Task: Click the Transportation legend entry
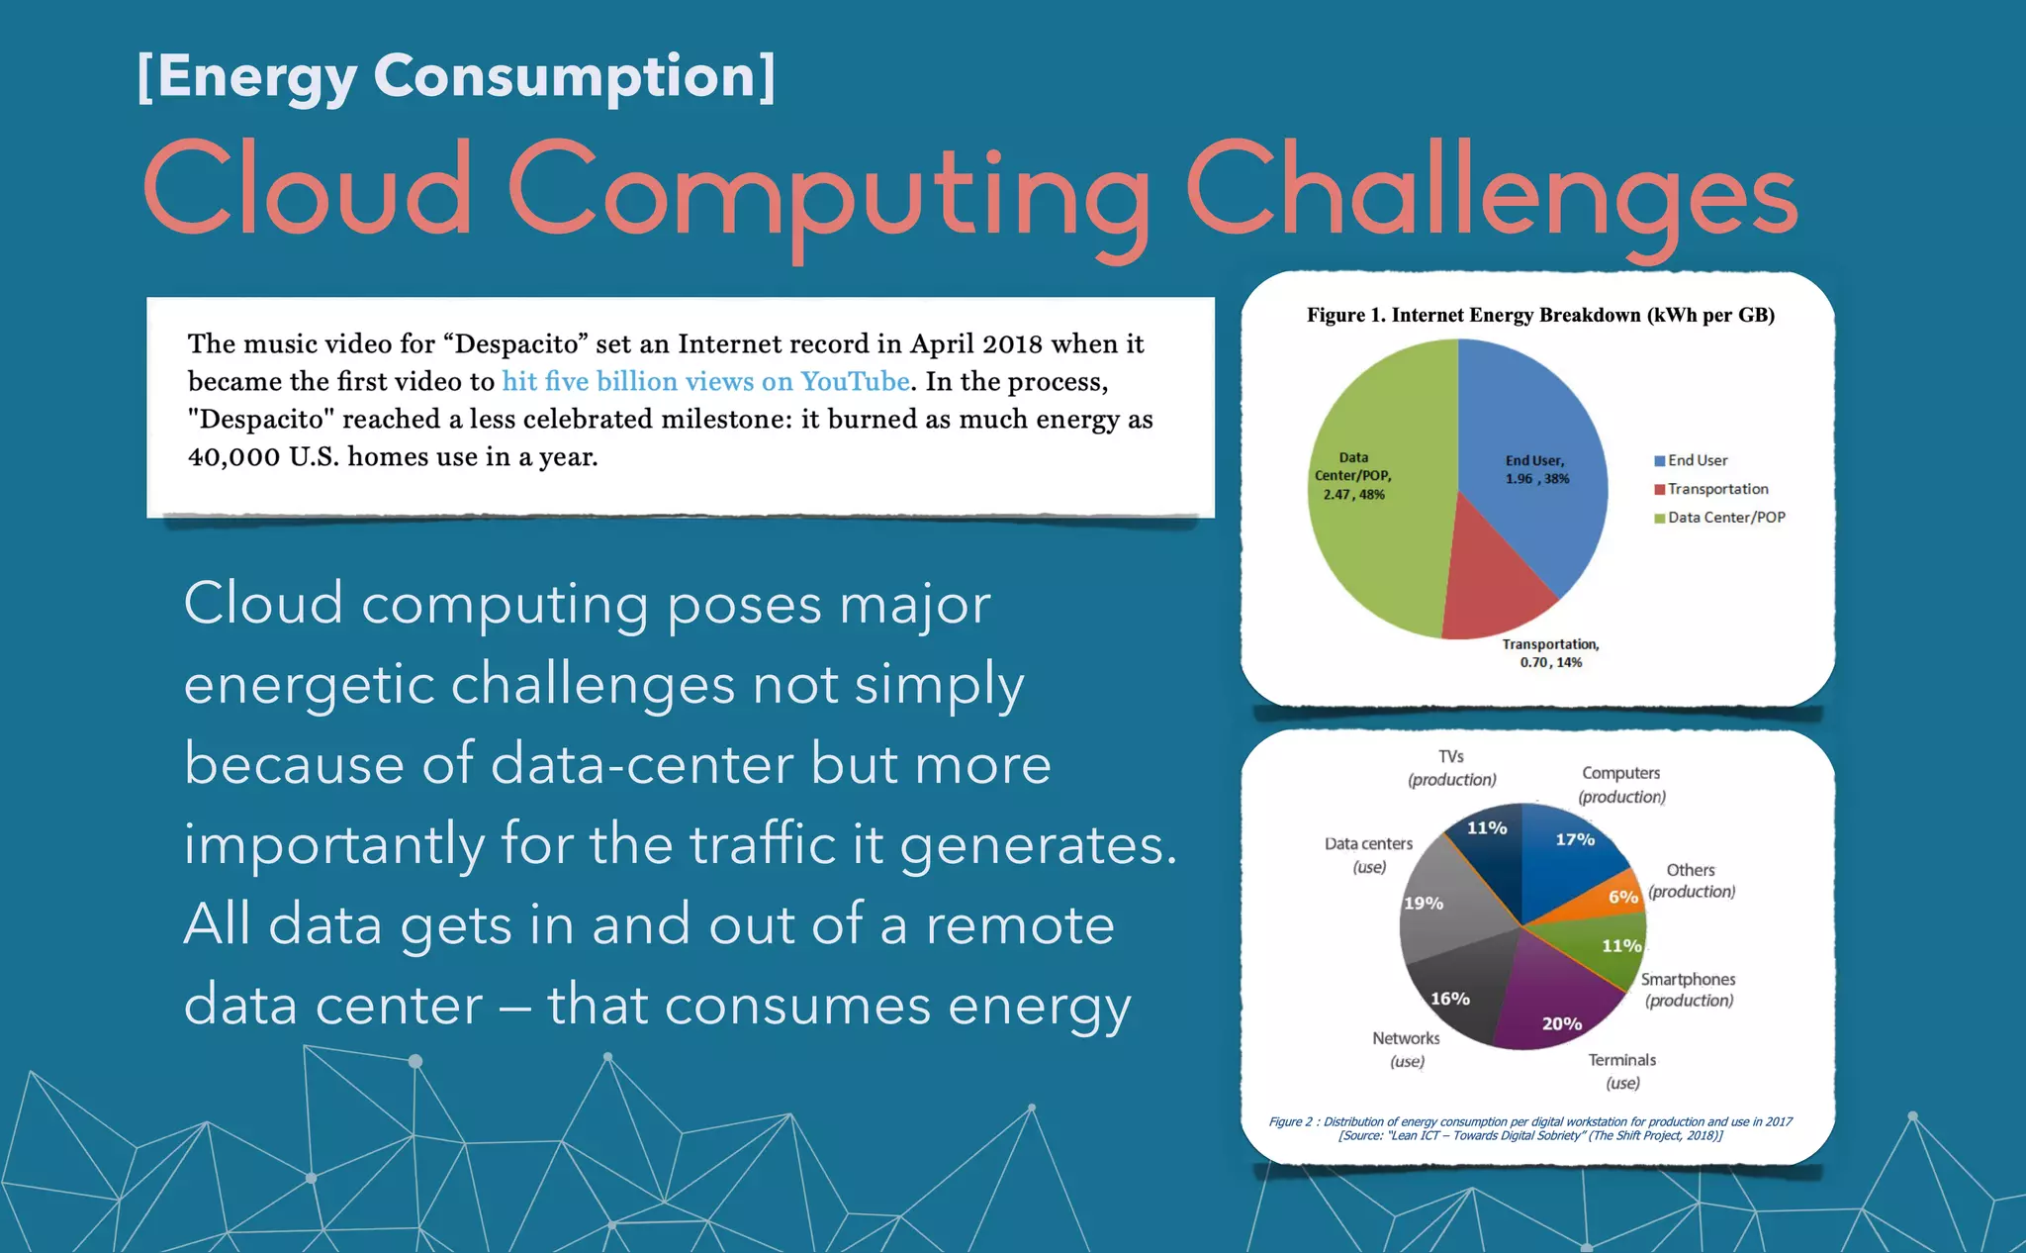(1717, 489)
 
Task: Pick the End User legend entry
(1698, 460)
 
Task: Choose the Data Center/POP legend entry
(1726, 518)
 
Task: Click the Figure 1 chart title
(1540, 316)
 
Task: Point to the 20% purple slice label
(1562, 1023)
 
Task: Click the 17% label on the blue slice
(1575, 839)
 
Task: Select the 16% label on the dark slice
(1450, 999)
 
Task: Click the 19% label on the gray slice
(1424, 903)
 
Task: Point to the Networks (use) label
(1406, 1049)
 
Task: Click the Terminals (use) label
(1622, 1071)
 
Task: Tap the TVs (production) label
(1451, 768)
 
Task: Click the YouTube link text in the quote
(855, 382)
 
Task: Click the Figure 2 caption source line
(1529, 1135)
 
